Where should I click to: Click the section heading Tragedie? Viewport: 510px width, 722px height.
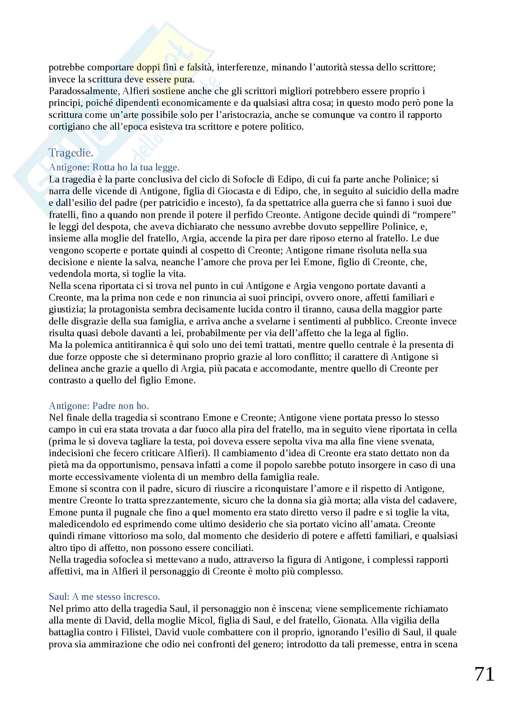71,152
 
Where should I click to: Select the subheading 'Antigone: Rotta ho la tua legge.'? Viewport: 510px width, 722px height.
114,167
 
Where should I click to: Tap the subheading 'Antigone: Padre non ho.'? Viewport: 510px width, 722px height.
99,406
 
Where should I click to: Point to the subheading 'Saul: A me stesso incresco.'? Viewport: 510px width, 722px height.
104,597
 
